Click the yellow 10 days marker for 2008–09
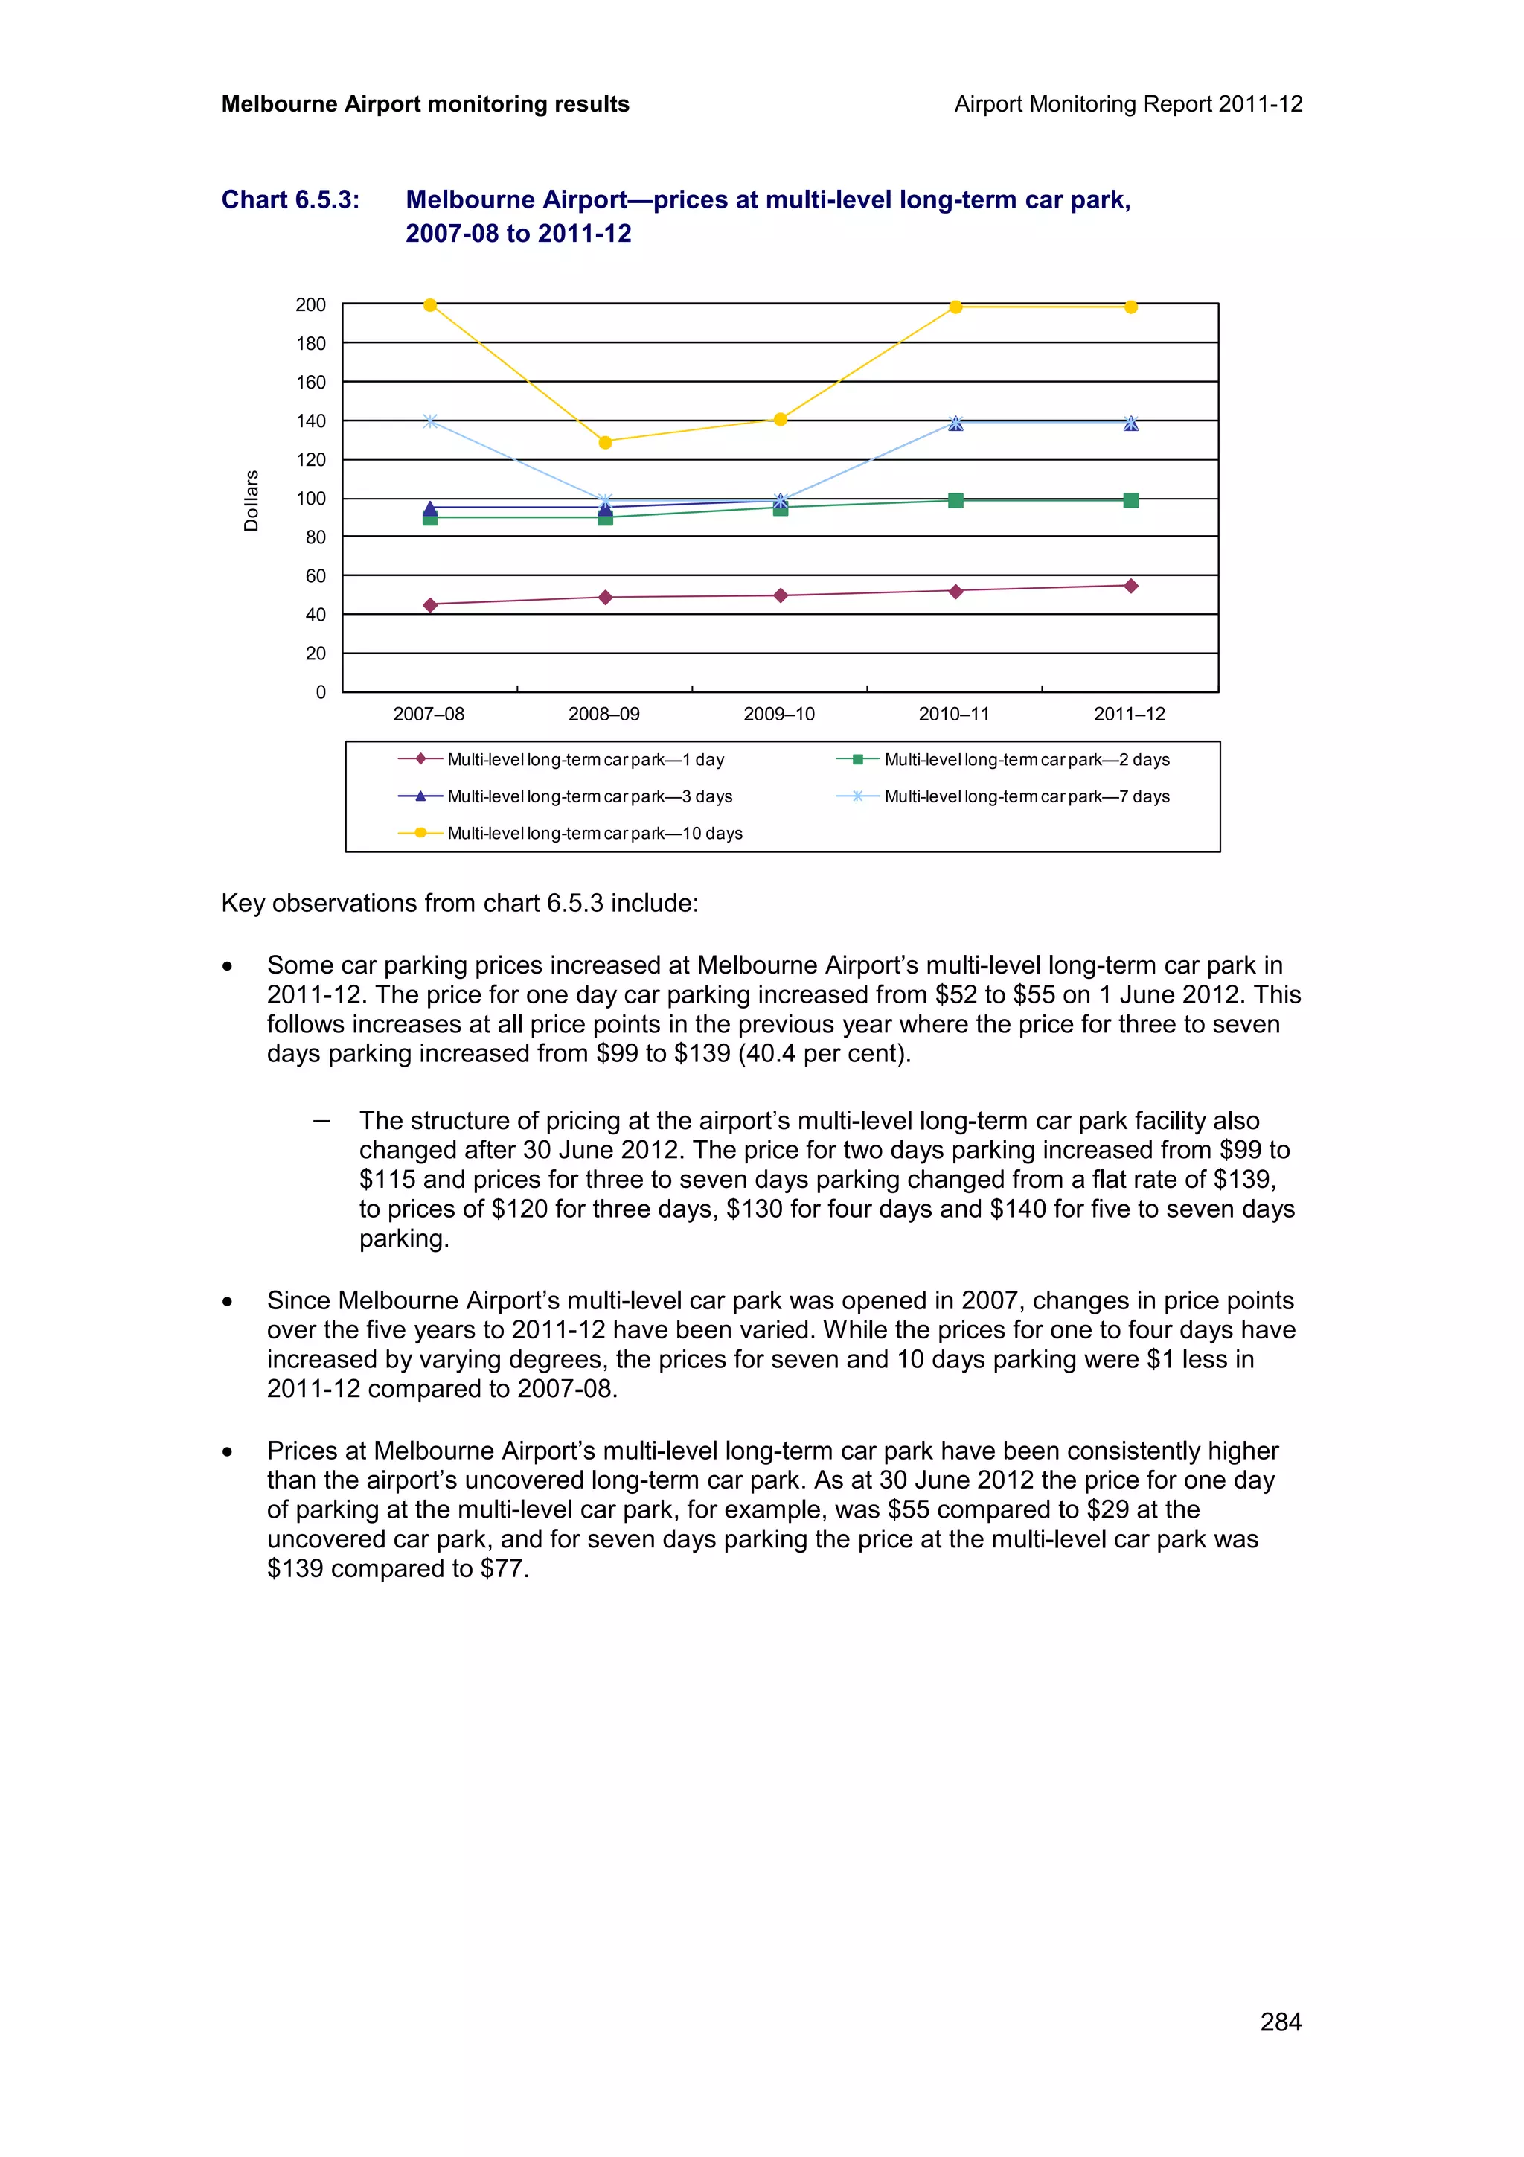click(x=605, y=441)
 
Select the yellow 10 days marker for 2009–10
click(x=779, y=419)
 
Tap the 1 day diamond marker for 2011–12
click(x=1130, y=587)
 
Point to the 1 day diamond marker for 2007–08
click(x=430, y=605)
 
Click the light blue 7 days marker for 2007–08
click(x=430, y=421)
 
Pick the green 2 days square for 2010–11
click(x=955, y=501)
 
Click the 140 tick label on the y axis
click(x=311, y=421)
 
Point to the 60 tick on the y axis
click(x=316, y=576)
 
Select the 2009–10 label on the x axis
click(x=778, y=714)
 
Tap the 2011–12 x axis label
click(x=1129, y=714)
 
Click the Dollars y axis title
click(x=251, y=501)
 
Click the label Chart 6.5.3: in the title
click(x=290, y=200)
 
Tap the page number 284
click(x=1280, y=2022)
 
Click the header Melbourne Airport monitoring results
click(x=424, y=104)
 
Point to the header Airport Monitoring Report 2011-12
click(x=1127, y=104)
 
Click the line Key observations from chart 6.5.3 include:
click(x=459, y=903)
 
